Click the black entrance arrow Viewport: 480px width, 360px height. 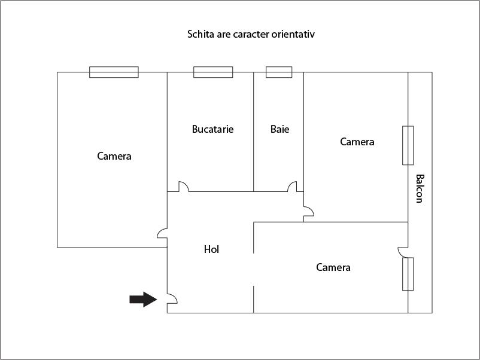pos(143,299)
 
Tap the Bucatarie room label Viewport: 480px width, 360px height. pos(212,129)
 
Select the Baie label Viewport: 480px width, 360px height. pos(280,129)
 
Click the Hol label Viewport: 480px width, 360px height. pos(211,249)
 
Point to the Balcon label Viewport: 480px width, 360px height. pos(420,188)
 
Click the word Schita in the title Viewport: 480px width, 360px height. pos(201,34)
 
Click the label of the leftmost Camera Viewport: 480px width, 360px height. pos(114,156)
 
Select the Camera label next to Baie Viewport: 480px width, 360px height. pos(357,142)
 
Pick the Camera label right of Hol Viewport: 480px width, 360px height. pos(333,267)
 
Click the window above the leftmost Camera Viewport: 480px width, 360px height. pos(114,72)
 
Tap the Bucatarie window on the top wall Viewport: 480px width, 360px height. pos(213,72)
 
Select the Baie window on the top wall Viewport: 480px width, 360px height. pos(279,72)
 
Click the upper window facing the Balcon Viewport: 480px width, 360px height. pos(408,145)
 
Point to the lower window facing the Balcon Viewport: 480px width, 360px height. pos(408,274)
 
